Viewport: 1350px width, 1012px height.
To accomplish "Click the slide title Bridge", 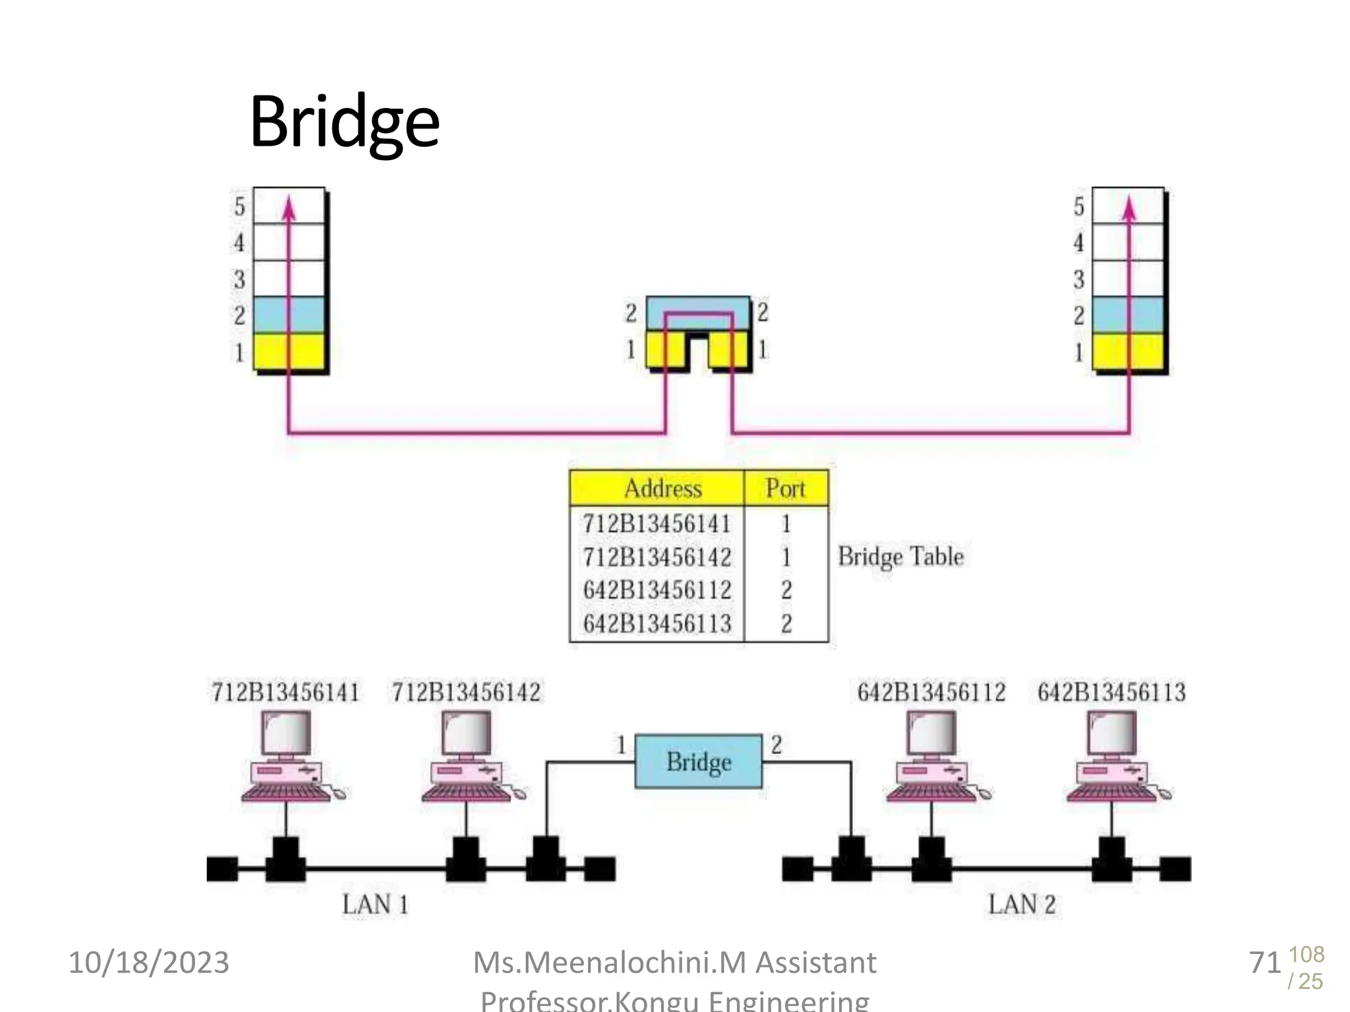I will (344, 122).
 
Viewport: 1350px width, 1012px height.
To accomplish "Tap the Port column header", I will (785, 488).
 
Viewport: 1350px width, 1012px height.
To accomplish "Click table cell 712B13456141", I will (657, 524).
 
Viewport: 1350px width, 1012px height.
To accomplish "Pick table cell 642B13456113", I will (657, 623).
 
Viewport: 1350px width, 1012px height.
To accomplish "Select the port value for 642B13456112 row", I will (786, 590).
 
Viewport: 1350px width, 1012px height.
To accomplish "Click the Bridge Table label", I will (900, 557).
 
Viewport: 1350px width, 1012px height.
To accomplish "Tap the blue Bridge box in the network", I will (698, 762).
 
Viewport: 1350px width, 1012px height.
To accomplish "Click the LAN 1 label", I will (375, 904).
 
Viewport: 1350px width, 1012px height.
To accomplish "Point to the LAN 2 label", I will (1021, 904).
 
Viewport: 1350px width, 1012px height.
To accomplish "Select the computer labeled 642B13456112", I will (932, 758).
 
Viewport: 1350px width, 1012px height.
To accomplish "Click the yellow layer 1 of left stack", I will (289, 352).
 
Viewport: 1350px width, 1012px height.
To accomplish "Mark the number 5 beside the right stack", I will (1078, 207).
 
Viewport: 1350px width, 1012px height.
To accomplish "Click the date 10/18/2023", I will (149, 963).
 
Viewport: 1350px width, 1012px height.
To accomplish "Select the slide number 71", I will (1264, 963).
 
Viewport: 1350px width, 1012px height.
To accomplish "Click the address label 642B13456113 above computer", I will (1111, 692).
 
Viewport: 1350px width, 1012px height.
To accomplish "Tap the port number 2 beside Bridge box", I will (776, 745).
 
